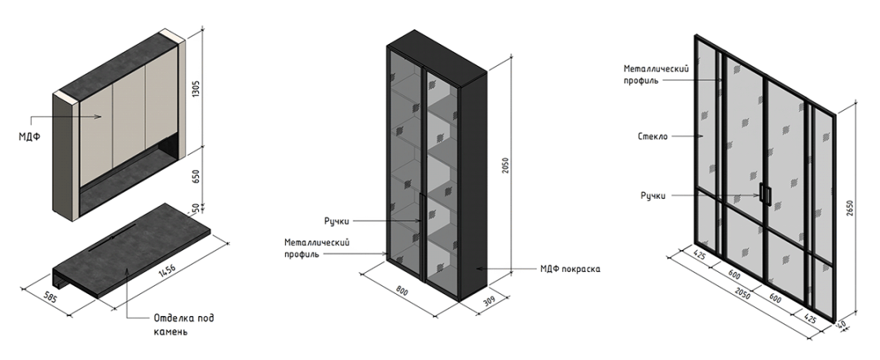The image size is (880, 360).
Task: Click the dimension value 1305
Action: point(196,89)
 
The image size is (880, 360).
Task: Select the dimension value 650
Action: point(196,177)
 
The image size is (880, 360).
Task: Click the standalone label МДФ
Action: point(29,136)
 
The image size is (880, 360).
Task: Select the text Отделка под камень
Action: point(184,325)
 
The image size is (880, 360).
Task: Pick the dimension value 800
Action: point(402,292)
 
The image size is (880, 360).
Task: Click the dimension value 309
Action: point(491,301)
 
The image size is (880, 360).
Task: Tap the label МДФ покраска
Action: point(570,269)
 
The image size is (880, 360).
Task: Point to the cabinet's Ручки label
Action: point(337,222)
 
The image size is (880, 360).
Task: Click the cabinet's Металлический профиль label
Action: point(317,248)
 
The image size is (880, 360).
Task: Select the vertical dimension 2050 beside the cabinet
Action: point(506,165)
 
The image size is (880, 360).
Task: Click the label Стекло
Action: point(653,136)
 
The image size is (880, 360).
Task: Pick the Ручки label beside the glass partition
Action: point(653,195)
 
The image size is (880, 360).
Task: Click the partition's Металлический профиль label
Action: point(656,74)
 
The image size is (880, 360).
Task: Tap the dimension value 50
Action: point(196,208)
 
